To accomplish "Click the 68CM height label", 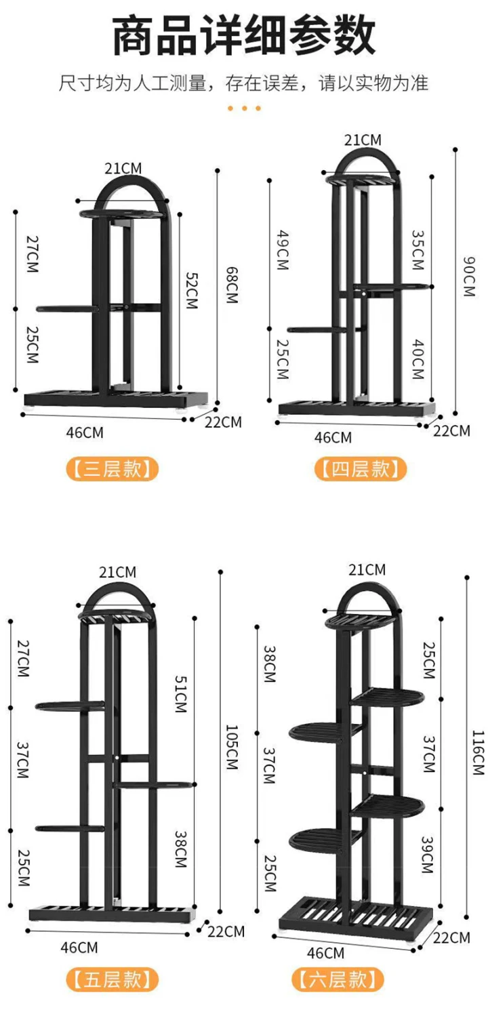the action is pyautogui.click(x=232, y=285).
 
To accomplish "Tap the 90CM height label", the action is pyautogui.click(x=469, y=277).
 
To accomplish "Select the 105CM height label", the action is pyautogui.click(x=232, y=747).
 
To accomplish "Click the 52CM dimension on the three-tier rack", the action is pyautogui.click(x=192, y=291).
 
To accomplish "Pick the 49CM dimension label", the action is pyautogui.click(x=283, y=250).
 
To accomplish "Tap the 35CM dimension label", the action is pyautogui.click(x=418, y=250).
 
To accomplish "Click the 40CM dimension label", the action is pyautogui.click(x=418, y=359).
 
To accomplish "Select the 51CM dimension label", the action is pyautogui.click(x=181, y=694).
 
